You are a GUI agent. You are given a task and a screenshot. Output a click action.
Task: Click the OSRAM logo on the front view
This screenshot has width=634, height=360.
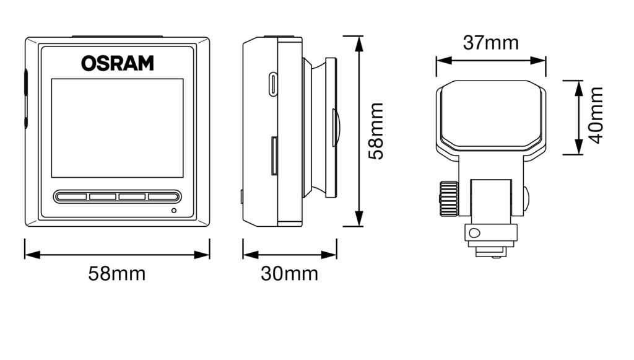coord(117,63)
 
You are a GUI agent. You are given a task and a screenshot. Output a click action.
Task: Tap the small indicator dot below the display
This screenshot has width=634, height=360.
coord(173,211)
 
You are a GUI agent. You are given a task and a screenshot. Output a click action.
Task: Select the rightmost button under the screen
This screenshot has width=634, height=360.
coord(162,197)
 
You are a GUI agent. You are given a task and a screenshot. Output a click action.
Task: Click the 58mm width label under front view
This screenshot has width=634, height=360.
coord(116,273)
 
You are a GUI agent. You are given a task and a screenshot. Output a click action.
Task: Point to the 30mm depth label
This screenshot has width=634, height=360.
coord(289,273)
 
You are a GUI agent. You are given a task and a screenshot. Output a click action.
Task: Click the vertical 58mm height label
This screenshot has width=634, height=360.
coord(376,131)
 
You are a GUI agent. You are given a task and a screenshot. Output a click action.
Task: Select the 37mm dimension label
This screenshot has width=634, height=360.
coord(490,43)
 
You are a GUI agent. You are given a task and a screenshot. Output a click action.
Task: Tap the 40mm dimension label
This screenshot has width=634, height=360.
coord(596,115)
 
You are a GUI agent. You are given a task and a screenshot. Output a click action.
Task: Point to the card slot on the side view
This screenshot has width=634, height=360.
coord(274,156)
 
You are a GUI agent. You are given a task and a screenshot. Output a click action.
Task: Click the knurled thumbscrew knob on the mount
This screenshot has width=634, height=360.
coord(448,198)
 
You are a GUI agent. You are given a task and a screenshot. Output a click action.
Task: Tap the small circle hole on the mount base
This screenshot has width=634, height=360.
coord(475,233)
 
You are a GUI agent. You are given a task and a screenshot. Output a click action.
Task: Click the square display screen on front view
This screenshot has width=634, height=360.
coord(117,128)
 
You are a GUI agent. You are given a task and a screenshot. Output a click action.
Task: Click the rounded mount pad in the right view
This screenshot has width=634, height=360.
coord(491,115)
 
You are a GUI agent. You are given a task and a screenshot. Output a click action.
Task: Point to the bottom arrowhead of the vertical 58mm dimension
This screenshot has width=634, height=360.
coord(358,221)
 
